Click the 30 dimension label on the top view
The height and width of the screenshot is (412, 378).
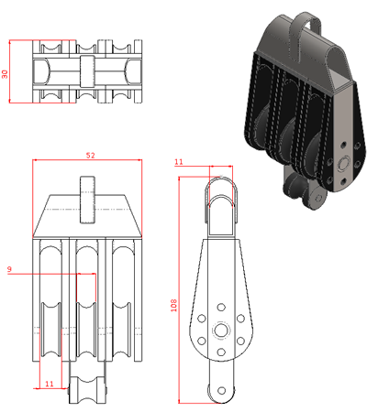tap(5, 74)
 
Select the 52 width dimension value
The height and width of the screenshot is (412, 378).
tap(90, 156)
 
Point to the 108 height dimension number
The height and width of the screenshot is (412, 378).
tap(173, 305)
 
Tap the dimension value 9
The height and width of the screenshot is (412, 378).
tap(9, 269)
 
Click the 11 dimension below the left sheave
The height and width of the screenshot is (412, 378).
tap(50, 384)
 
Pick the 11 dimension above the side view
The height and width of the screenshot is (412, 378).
tap(179, 162)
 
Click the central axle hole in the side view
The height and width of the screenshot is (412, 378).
tap(221, 330)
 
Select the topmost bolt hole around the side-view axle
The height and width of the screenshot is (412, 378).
tap(221, 307)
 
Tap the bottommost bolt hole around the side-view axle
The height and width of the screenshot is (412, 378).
tap(221, 352)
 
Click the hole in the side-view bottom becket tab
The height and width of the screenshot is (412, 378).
tap(222, 390)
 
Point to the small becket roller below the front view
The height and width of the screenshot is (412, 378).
tap(87, 390)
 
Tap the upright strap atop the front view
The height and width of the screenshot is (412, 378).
tap(87, 200)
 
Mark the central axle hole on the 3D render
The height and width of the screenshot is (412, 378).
tap(343, 163)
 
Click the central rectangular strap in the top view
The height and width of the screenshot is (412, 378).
tap(87, 71)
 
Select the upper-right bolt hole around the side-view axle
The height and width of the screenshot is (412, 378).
tap(240, 319)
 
